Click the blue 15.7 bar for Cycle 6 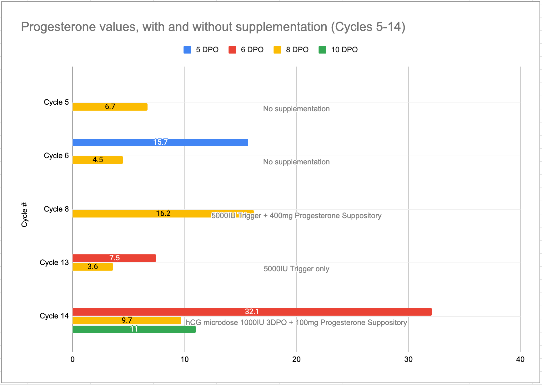click(160, 142)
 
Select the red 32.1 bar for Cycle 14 click(252, 312)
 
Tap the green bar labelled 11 click(134, 329)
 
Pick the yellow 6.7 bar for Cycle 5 click(110, 107)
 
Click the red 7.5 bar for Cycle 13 click(114, 258)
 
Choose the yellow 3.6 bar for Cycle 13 click(93, 267)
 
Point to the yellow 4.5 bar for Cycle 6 click(98, 160)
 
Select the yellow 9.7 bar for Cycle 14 click(127, 321)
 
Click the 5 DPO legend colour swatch click(187, 50)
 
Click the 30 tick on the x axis click(408, 359)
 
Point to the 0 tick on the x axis click(73, 359)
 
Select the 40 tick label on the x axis click(520, 359)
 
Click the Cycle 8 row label click(56, 209)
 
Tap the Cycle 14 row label click(54, 316)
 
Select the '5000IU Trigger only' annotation click(296, 269)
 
